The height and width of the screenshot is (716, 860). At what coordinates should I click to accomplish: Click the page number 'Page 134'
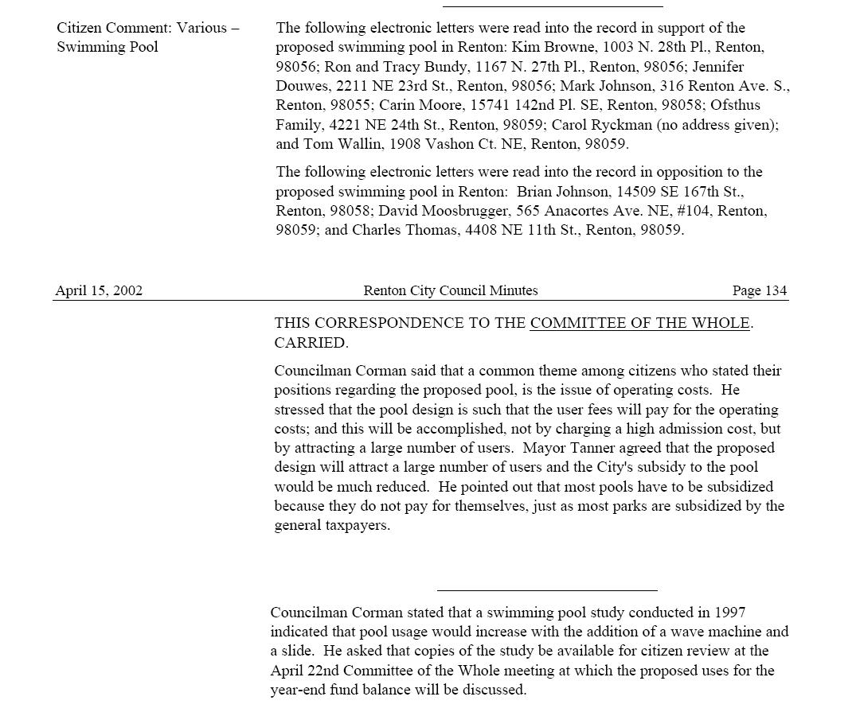[x=759, y=291]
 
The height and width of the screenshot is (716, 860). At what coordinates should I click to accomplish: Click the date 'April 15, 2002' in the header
[x=99, y=291]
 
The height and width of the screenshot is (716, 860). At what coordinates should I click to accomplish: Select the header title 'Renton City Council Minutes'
[x=450, y=291]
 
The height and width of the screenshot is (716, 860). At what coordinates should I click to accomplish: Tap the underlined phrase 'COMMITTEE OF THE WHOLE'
[x=639, y=323]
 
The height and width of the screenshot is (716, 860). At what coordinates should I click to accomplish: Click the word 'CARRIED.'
[x=311, y=343]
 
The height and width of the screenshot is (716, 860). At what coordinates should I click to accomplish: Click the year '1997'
[x=729, y=613]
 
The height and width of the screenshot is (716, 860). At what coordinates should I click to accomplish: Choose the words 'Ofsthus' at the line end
[x=735, y=105]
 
